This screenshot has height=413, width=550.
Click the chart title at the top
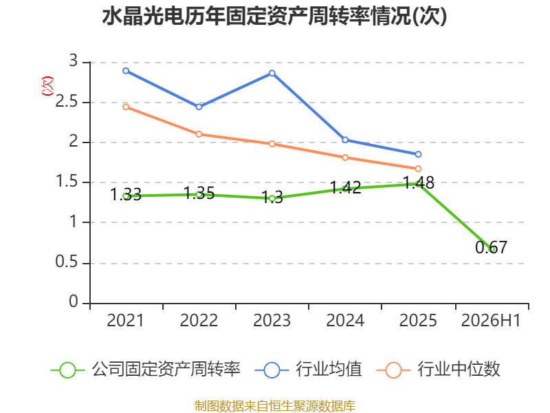click(274, 16)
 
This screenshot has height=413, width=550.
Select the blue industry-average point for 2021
click(126, 71)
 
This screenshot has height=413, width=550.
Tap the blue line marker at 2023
click(272, 74)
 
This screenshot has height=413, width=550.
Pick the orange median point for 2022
click(199, 134)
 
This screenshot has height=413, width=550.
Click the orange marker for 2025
click(418, 169)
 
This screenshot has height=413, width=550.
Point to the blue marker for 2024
click(345, 140)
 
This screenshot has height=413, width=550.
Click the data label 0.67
click(491, 247)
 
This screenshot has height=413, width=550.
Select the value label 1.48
click(419, 182)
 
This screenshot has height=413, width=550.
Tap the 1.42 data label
click(346, 187)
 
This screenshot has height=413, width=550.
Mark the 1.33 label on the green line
click(126, 194)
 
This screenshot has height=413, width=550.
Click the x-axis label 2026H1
click(491, 320)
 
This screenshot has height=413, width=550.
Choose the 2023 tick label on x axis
click(272, 320)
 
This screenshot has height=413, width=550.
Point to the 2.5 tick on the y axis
click(66, 102)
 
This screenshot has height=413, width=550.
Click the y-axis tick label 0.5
click(66, 262)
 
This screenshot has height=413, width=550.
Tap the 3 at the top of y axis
click(74, 61)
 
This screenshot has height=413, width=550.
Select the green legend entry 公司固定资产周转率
click(146, 370)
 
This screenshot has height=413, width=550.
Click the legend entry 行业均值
click(308, 370)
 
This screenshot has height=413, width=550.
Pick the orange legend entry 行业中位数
click(438, 370)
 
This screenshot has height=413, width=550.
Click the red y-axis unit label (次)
click(47, 86)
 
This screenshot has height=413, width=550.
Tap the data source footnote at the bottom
click(275, 406)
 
